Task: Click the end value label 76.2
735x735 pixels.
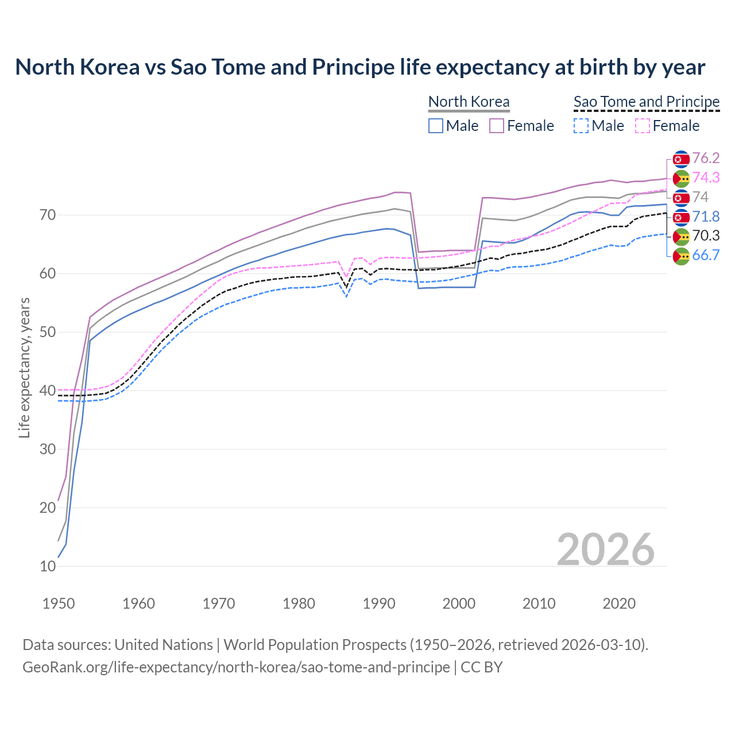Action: tap(706, 158)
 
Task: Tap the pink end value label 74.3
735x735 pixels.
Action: tap(706, 178)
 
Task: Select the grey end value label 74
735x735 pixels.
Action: tap(700, 198)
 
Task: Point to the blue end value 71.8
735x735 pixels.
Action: tap(706, 217)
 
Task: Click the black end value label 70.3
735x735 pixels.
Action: tap(706, 236)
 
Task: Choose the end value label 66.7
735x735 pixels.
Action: tap(706, 256)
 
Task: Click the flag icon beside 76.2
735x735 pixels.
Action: tap(681, 159)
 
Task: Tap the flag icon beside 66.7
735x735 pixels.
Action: tap(681, 256)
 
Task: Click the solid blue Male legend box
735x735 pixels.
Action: tap(436, 126)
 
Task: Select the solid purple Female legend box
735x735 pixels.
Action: tap(497, 126)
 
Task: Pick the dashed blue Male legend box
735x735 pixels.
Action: tap(581, 126)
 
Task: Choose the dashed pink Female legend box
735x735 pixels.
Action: tap(643, 126)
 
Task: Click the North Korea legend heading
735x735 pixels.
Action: tap(469, 102)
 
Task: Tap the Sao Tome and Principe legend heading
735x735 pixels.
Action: tap(647, 102)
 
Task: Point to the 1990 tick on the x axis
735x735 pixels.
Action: tap(379, 604)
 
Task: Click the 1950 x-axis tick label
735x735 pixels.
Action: tap(59, 604)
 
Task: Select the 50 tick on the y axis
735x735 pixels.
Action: tap(48, 332)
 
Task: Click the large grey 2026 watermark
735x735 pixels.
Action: tap(606, 550)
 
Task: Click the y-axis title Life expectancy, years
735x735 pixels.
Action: tap(24, 367)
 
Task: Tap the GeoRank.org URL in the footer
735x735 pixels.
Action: tap(236, 667)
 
